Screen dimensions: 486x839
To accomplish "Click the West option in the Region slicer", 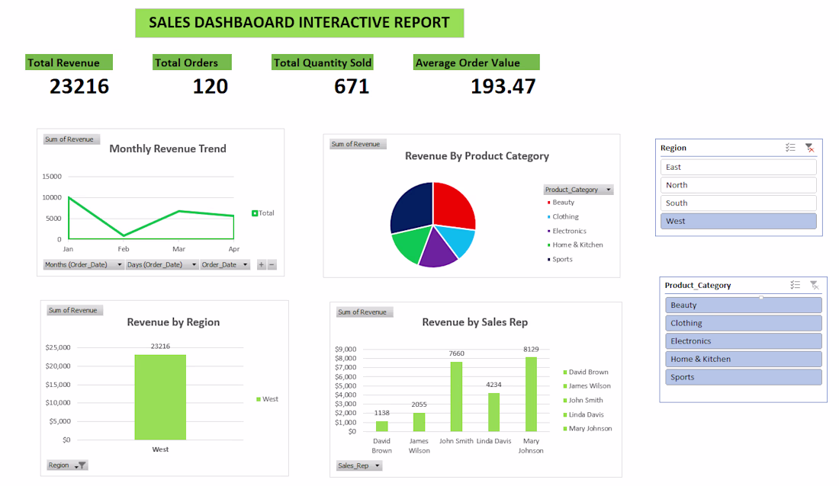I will click(x=738, y=221).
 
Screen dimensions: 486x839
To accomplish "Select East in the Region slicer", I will click(x=738, y=167).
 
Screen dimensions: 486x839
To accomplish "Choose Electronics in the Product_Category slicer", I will click(x=744, y=341).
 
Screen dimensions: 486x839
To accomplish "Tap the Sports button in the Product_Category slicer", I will click(x=744, y=377).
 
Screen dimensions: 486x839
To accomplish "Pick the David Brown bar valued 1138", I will click(x=381, y=426).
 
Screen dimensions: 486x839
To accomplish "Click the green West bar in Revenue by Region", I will click(x=160, y=397).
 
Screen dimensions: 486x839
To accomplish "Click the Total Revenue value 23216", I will click(x=79, y=87).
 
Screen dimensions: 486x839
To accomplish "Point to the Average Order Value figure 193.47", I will click(x=503, y=87).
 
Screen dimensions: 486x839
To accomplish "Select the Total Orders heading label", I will click(x=186, y=63).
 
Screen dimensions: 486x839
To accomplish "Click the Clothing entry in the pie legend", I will click(x=565, y=216).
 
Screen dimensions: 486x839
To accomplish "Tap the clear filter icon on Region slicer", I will click(x=809, y=148).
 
